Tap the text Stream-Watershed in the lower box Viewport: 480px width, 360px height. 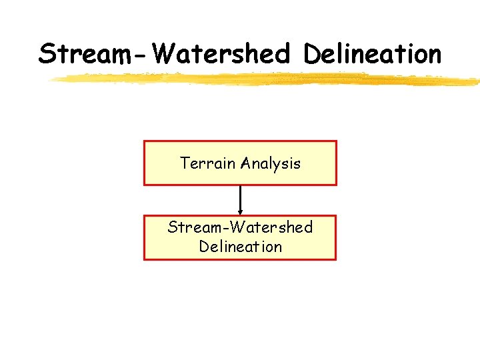[240, 227]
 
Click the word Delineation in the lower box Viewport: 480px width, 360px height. [240, 247]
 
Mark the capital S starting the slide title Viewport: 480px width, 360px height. [47, 53]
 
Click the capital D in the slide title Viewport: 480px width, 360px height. [313, 53]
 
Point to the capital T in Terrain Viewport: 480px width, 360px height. [185, 163]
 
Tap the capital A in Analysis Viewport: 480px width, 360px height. [247, 163]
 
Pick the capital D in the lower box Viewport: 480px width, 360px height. [203, 247]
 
